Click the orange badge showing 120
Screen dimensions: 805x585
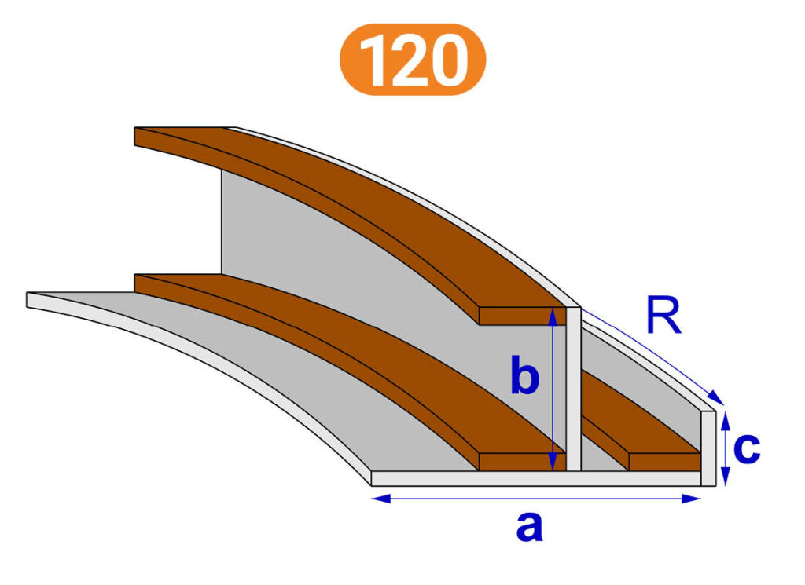click(412, 59)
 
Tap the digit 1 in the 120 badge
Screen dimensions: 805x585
click(375, 60)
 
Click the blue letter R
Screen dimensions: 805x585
click(663, 315)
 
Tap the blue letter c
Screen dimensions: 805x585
click(747, 448)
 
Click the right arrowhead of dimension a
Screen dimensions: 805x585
click(692, 499)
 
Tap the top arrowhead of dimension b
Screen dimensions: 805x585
click(553, 317)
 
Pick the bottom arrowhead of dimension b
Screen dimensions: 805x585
click(553, 462)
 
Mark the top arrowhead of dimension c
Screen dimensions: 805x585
click(725, 421)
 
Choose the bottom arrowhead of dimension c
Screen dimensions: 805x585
click(725, 477)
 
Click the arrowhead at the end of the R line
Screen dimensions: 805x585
click(717, 398)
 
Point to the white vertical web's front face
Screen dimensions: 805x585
click(573, 389)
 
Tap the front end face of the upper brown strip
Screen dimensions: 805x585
click(522, 316)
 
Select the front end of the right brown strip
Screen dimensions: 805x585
click(665, 462)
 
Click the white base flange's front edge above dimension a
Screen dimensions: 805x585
click(536, 478)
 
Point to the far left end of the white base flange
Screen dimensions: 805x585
click(28, 300)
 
